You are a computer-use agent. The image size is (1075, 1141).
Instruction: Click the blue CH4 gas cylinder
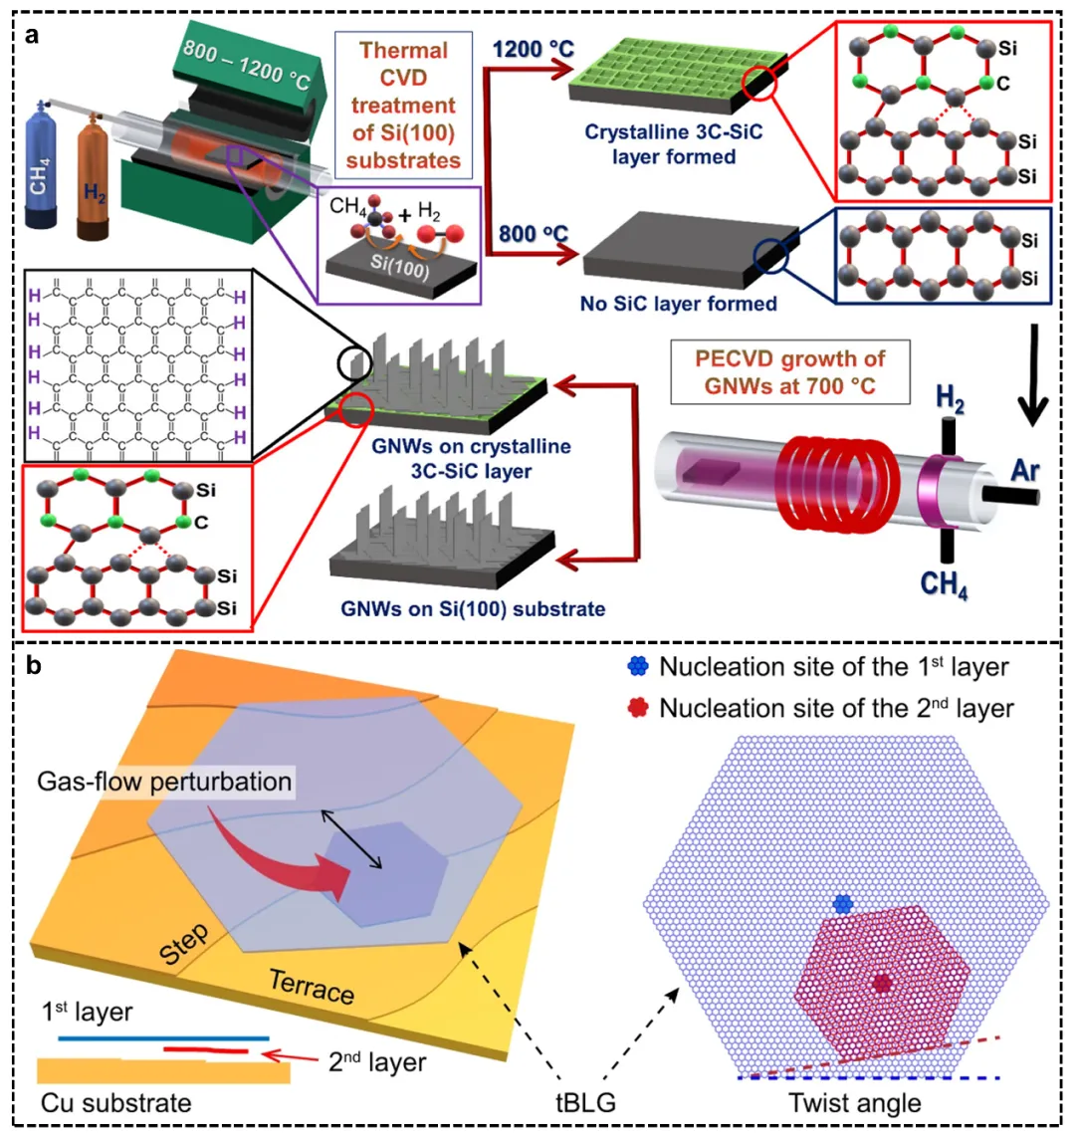47,179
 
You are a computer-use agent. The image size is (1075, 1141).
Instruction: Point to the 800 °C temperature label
533,236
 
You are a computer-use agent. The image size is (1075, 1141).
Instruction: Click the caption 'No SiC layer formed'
679,303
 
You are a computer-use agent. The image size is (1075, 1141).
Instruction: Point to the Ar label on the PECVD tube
1025,469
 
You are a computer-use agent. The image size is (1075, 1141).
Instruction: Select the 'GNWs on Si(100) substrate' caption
469,607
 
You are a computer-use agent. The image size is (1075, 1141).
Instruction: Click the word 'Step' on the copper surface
184,945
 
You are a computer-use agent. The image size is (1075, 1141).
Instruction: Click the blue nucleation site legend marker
638,668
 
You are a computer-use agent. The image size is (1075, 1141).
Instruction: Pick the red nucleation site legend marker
638,708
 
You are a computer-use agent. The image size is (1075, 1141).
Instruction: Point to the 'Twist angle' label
855,1103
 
